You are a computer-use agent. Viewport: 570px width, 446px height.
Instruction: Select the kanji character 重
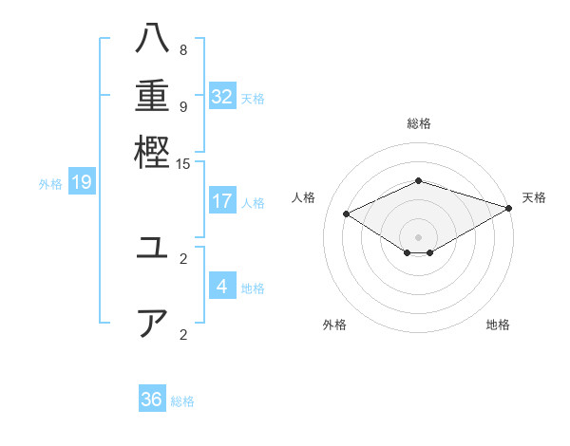(152, 98)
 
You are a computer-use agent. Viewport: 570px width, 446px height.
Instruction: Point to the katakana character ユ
(152, 250)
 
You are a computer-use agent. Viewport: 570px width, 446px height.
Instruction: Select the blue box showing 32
(222, 97)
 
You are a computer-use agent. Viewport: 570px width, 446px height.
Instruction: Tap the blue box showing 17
(222, 201)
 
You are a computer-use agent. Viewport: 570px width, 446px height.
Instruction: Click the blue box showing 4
(222, 287)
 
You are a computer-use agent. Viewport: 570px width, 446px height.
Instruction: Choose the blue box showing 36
(152, 400)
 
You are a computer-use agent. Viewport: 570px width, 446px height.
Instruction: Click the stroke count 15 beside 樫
(183, 163)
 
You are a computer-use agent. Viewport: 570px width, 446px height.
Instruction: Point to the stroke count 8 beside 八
(183, 50)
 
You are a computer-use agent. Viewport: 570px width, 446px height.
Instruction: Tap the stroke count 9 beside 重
(183, 106)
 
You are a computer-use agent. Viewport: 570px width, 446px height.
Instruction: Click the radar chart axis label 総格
(419, 123)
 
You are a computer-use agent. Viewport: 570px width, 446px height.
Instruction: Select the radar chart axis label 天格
(534, 197)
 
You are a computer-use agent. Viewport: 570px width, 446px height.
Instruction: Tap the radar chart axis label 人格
(304, 197)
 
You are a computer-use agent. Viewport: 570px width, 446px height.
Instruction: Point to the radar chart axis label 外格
(334, 325)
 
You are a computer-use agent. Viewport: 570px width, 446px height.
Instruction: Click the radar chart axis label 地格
(498, 325)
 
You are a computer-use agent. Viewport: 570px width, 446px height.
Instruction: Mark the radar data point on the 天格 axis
(510, 208)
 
